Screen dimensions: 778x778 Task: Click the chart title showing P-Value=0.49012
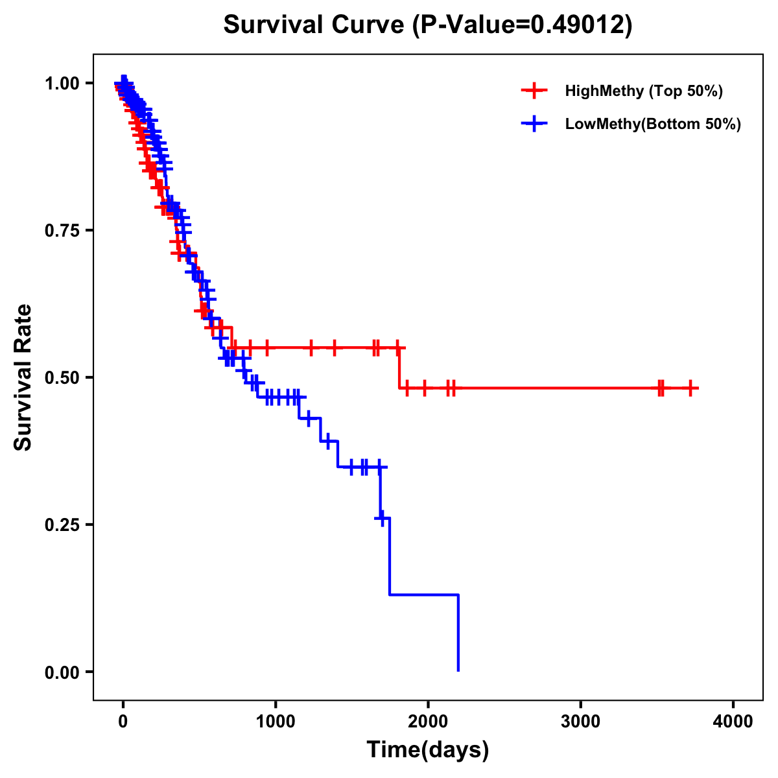tap(428, 25)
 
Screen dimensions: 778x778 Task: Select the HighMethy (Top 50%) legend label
tap(644, 91)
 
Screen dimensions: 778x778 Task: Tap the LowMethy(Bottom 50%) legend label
tap(653, 124)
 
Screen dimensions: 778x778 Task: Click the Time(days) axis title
tap(428, 750)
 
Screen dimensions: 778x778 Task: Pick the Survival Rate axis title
tap(23, 377)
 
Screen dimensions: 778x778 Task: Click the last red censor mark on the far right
tap(691, 388)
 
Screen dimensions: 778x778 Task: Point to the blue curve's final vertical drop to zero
tap(458, 632)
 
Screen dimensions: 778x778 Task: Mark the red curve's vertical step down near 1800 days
tap(399, 368)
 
